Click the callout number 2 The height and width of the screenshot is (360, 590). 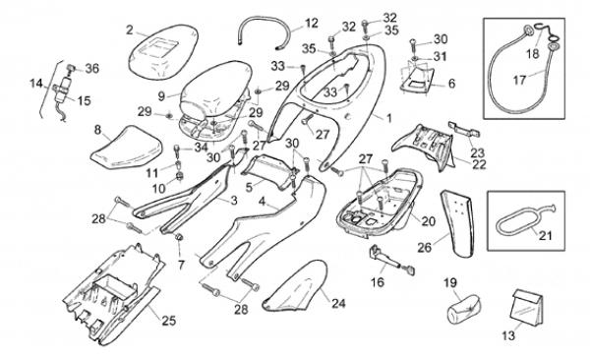coord(129,30)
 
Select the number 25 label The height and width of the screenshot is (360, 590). coord(168,321)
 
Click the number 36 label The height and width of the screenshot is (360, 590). coord(92,68)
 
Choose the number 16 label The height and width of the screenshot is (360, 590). coord(378,282)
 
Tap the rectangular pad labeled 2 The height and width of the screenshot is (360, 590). coord(157,45)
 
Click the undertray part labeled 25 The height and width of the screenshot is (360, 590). coord(110,292)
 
